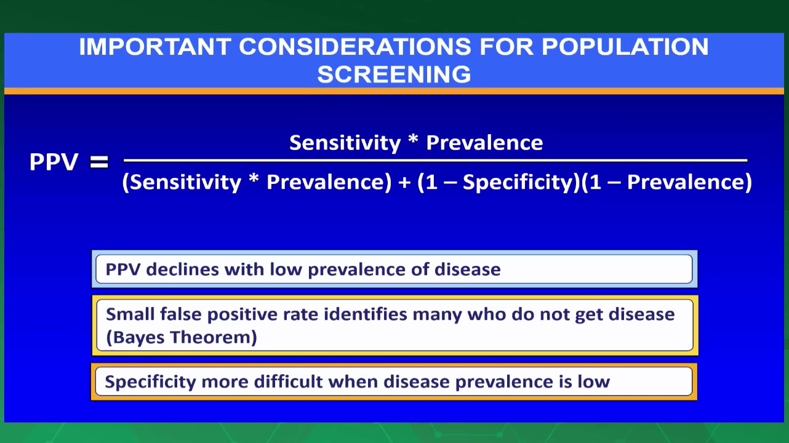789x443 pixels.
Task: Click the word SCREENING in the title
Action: coord(394,74)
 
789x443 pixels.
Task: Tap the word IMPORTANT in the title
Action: coord(155,47)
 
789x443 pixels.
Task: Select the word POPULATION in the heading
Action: coord(625,47)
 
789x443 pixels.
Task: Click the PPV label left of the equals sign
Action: coord(54,162)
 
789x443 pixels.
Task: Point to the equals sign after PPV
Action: coord(99,162)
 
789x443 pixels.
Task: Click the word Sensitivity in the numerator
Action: coord(345,143)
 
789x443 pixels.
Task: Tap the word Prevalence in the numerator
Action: coord(484,143)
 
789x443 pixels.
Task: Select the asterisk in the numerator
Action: coord(413,140)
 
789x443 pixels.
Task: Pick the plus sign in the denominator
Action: coord(404,182)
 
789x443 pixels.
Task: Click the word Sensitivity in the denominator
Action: coord(185,182)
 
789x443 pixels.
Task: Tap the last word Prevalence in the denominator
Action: coord(686,182)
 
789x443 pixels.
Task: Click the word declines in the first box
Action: coord(182,269)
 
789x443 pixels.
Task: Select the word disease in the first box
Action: coord(467,269)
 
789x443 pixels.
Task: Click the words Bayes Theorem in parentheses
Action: coord(181,337)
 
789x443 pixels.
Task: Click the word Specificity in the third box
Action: coord(150,382)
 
